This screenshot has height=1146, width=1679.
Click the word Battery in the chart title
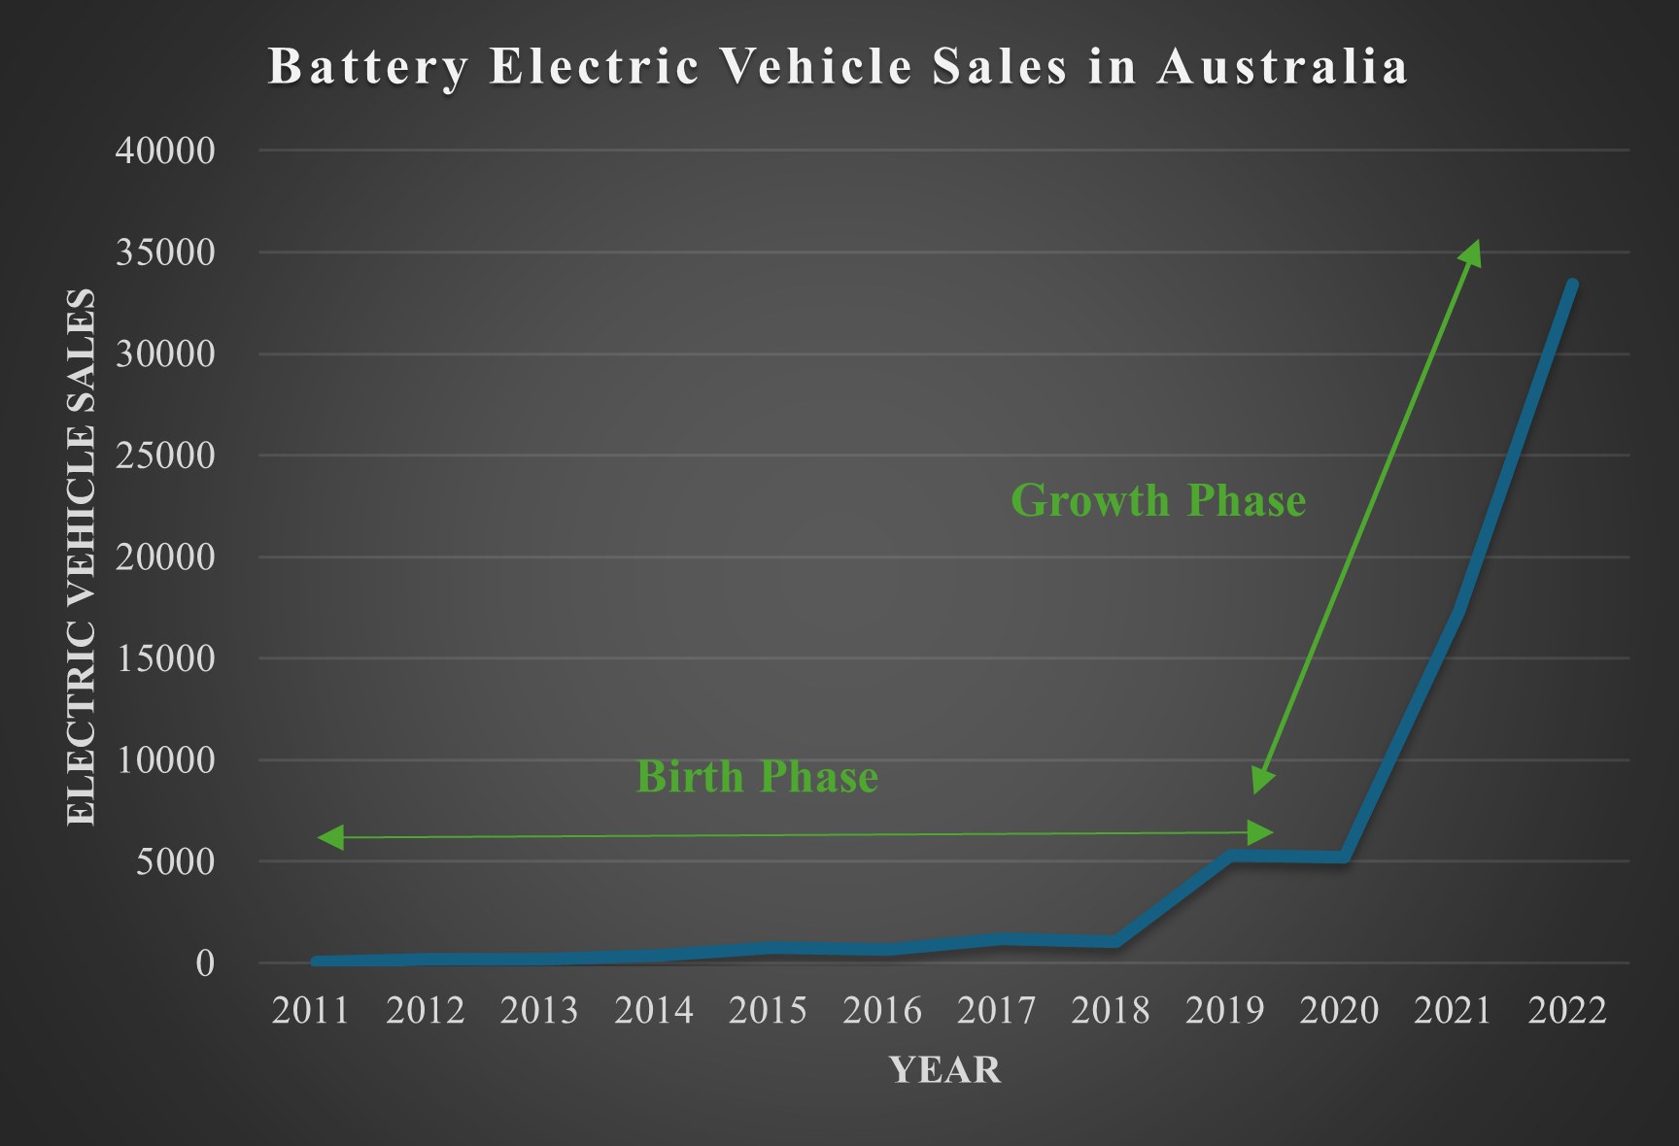pyautogui.click(x=368, y=67)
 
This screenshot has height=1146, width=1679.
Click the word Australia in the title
pyautogui.click(x=1283, y=67)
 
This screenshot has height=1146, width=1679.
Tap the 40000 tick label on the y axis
pyautogui.click(x=165, y=151)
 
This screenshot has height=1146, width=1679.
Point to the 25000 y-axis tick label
pyautogui.click(x=165, y=455)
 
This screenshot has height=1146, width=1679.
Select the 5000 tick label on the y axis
pyautogui.click(x=175, y=861)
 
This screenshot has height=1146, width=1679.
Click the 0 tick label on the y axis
pyautogui.click(x=205, y=963)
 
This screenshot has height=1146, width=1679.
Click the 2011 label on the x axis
pyautogui.click(x=311, y=1011)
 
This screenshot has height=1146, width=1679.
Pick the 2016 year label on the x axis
pyautogui.click(x=882, y=1011)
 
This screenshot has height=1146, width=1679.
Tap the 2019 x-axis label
pyautogui.click(x=1225, y=1011)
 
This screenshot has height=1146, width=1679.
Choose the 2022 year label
pyautogui.click(x=1567, y=1011)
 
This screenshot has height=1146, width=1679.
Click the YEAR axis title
pyautogui.click(x=944, y=1070)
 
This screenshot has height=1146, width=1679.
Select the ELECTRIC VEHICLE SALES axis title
pyautogui.click(x=82, y=556)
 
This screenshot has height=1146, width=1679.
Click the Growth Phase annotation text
pyautogui.click(x=1158, y=501)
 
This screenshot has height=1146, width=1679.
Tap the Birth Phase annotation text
pyautogui.click(x=757, y=777)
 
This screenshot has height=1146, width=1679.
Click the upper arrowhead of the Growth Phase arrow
pyautogui.click(x=1472, y=253)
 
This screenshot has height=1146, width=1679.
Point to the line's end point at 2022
pyautogui.click(x=1572, y=285)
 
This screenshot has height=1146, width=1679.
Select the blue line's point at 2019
pyautogui.click(x=1230, y=856)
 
